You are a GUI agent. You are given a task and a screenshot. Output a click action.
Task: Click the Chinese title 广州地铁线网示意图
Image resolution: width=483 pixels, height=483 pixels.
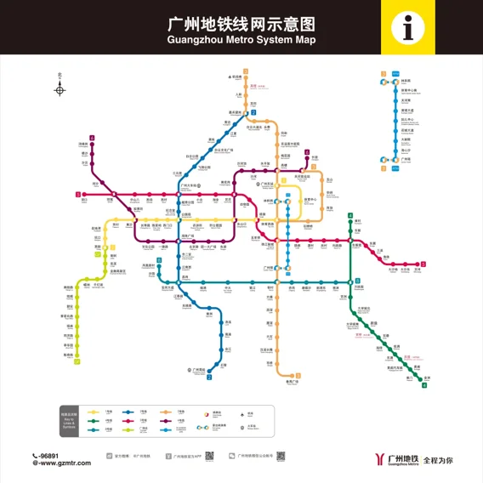click(x=241, y=23)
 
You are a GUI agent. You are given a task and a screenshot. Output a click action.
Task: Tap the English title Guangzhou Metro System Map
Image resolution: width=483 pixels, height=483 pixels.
click(x=241, y=39)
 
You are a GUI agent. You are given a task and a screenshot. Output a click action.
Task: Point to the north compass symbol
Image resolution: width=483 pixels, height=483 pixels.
click(x=60, y=88)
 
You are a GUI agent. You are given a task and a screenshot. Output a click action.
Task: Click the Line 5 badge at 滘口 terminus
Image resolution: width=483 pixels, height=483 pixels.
click(x=78, y=195)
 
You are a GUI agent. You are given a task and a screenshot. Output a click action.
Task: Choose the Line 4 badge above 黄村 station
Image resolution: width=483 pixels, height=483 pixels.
click(x=349, y=216)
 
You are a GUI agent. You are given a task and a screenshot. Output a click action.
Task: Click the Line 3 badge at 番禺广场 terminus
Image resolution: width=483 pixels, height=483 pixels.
click(x=298, y=376)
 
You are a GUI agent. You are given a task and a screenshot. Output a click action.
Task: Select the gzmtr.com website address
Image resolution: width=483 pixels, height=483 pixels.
click(x=60, y=463)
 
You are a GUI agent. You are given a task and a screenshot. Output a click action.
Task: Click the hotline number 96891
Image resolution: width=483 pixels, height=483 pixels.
click(x=50, y=455)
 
